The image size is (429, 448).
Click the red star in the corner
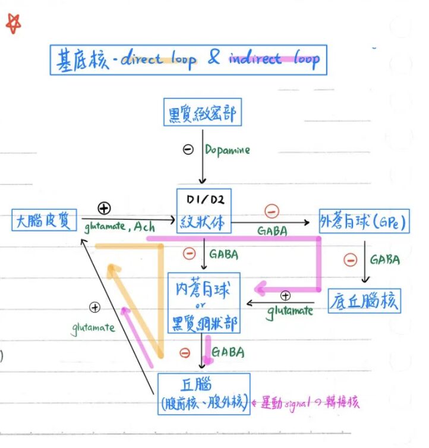tap(13, 24)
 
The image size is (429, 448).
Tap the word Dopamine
tap(228, 150)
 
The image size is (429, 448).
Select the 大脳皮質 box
tap(45, 222)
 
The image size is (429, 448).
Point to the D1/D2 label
tap(203, 198)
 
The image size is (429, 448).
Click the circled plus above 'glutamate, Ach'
tap(105, 208)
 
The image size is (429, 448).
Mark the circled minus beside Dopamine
tap(188, 150)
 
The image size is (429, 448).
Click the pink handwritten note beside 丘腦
tap(307, 403)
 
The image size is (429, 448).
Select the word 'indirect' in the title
tap(254, 58)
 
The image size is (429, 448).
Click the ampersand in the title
tap(214, 57)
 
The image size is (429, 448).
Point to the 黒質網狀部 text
tap(204, 324)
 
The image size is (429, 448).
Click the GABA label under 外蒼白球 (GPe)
tap(384, 260)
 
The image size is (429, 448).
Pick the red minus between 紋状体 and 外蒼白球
tap(271, 211)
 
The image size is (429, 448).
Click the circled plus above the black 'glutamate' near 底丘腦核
tap(285, 295)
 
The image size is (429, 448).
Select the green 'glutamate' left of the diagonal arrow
tap(93, 327)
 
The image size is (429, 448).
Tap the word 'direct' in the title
tap(141, 58)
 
